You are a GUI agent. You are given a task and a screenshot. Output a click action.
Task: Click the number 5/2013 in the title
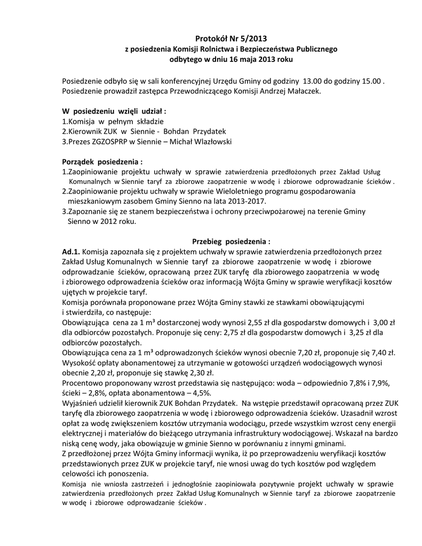click(251, 38)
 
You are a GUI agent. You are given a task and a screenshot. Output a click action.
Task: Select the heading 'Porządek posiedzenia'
click(102, 161)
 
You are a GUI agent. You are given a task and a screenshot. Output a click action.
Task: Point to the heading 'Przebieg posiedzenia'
click(231, 240)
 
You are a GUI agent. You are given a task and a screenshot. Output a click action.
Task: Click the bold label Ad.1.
click(71, 251)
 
